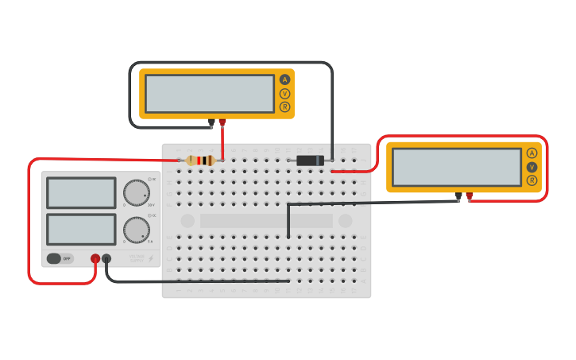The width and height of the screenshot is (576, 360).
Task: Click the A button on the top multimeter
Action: click(284, 79)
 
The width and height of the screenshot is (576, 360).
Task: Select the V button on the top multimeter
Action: click(284, 93)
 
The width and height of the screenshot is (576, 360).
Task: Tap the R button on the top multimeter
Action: click(284, 106)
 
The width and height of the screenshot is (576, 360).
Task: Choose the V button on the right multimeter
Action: click(532, 167)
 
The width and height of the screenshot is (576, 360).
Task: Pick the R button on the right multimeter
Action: click(532, 180)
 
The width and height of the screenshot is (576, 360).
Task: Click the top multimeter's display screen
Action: click(210, 94)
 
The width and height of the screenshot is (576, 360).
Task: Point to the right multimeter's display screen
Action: click(457, 167)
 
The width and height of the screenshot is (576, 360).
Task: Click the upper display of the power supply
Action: click(81, 193)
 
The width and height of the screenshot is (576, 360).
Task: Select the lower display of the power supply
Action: click(81, 229)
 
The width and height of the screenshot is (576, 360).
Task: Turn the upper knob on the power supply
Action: click(137, 192)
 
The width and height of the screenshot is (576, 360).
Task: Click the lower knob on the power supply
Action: click(137, 230)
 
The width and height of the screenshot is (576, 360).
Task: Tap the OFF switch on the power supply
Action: click(60, 258)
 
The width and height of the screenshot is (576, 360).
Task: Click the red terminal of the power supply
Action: click(95, 258)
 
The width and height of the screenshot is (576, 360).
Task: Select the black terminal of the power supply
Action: click(106, 258)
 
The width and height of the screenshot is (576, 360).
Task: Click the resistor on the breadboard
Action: click(200, 161)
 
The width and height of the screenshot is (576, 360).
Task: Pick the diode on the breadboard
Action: click(310, 161)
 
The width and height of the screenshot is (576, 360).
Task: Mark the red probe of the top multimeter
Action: click(222, 122)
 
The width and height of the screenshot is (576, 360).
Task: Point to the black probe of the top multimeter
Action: click(211, 123)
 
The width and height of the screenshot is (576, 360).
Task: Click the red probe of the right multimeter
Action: click(470, 195)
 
